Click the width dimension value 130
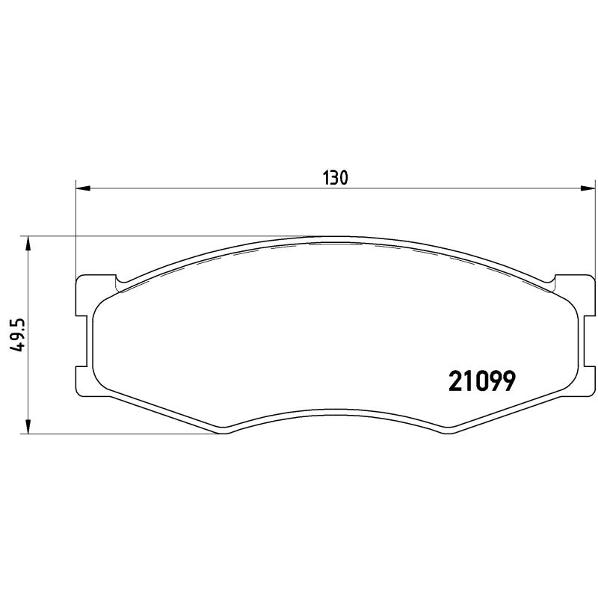point(336,178)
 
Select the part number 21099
point(481,381)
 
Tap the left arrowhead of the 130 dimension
point(83,189)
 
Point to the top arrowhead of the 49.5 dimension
point(28,244)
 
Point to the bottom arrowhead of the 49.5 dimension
point(28,427)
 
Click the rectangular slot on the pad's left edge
point(84,339)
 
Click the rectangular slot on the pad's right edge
point(578,339)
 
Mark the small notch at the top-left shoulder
point(120,283)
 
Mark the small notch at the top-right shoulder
point(552,283)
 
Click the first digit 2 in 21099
point(455,381)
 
